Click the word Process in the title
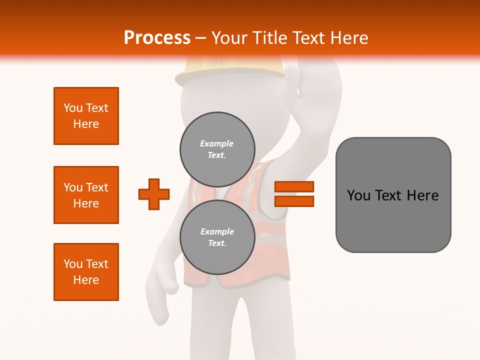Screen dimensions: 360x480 click(x=157, y=38)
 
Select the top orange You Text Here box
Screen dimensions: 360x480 click(x=86, y=116)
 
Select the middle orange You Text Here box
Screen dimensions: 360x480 click(x=86, y=195)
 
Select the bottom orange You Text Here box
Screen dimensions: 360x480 click(x=86, y=272)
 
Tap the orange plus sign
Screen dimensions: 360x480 click(x=154, y=194)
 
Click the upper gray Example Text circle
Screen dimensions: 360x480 click(x=217, y=149)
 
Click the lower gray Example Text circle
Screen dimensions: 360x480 click(x=217, y=237)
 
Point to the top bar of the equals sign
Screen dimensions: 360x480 click(x=294, y=186)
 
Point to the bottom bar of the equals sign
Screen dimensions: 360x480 click(x=294, y=201)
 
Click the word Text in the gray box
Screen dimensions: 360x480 click(x=390, y=195)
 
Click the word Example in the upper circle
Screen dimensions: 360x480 click(x=217, y=143)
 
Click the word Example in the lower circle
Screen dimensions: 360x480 click(x=217, y=231)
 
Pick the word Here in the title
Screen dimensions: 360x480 click(x=350, y=38)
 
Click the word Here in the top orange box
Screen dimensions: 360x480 click(x=86, y=124)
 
